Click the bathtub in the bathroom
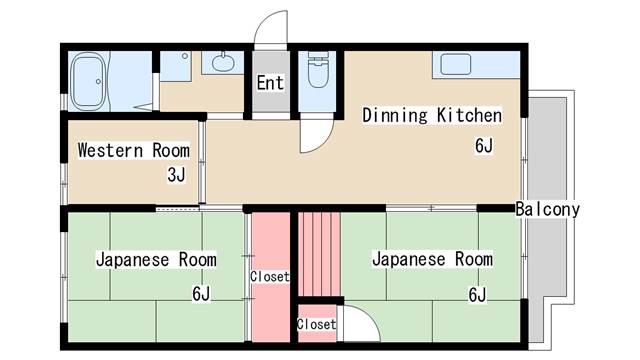point(89,82)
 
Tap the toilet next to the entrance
point(318,69)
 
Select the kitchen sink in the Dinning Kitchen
point(456,64)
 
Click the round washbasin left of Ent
point(223,62)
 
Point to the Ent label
point(270,83)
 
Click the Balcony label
point(547,209)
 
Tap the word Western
point(111,150)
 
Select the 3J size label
point(176,175)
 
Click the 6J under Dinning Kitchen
point(484,145)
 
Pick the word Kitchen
point(469,115)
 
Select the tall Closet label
point(270,277)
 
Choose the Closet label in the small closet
point(317,324)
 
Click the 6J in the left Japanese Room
point(201,293)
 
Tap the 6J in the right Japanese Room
point(478,294)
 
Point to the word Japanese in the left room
point(133,260)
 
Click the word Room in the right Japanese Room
point(474,259)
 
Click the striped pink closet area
point(319,254)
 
